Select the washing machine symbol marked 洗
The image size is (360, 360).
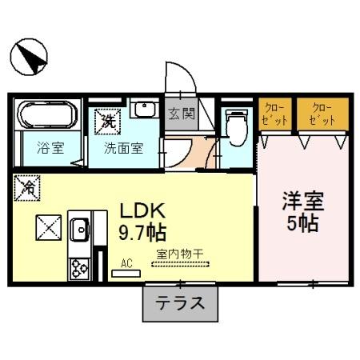(107, 121)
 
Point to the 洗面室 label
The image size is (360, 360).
(122, 147)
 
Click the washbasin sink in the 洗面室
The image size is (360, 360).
(145, 110)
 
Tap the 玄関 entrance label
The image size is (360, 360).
(180, 114)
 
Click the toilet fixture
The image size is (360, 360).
(235, 126)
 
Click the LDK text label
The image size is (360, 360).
(142, 211)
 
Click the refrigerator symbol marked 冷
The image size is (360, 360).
(26, 189)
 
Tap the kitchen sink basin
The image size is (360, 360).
(80, 231)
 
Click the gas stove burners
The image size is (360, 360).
(79, 266)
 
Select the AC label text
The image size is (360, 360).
(126, 262)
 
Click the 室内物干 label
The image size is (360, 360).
(180, 254)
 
